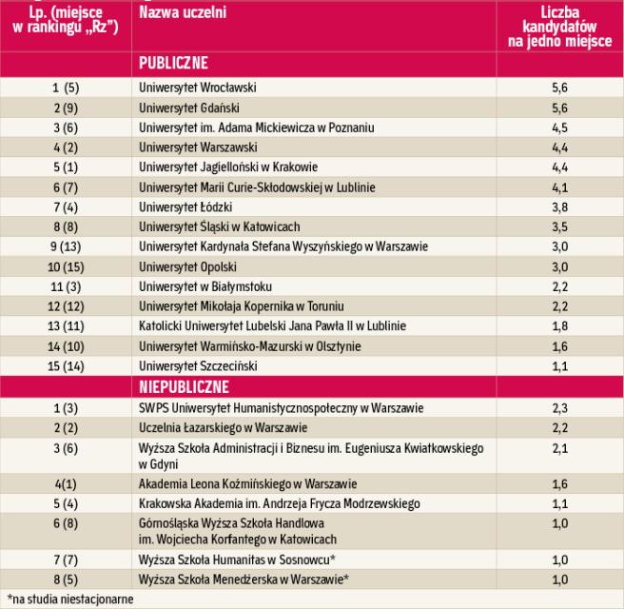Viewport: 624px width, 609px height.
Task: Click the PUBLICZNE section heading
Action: (173, 65)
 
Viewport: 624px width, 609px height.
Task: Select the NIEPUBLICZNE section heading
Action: (184, 387)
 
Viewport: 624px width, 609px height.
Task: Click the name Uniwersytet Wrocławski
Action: (198, 88)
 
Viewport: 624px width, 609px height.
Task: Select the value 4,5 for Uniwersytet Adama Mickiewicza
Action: (559, 128)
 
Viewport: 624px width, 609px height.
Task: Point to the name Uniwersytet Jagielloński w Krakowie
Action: (227, 167)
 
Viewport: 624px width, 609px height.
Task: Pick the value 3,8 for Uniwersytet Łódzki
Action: (559, 206)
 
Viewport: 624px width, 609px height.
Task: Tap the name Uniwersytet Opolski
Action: (187, 266)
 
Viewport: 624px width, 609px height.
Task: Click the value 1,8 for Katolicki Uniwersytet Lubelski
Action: (559, 326)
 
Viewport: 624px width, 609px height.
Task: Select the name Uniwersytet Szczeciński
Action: (200, 366)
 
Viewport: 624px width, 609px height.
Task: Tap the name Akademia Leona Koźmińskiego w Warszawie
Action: (248, 483)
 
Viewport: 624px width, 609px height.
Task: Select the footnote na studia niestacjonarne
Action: (70, 599)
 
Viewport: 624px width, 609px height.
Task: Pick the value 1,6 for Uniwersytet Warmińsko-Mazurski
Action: (559, 346)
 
